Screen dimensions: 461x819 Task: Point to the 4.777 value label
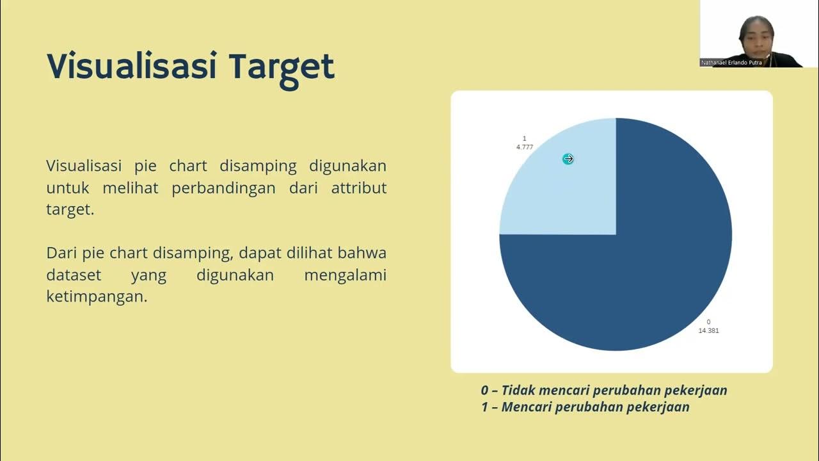pyautogui.click(x=525, y=147)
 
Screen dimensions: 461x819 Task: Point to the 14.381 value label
pyautogui.click(x=708, y=330)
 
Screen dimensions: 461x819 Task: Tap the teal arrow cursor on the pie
pyautogui.click(x=568, y=159)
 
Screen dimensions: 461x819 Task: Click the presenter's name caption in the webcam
pyautogui.click(x=732, y=63)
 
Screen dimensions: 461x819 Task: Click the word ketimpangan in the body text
pyautogui.click(x=97, y=297)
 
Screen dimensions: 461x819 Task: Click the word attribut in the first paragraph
pyautogui.click(x=359, y=188)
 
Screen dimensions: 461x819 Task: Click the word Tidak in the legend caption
pyautogui.click(x=519, y=390)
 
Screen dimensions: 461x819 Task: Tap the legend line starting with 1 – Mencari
pyautogui.click(x=585, y=407)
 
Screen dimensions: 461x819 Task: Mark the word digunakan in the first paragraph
pyautogui.click(x=347, y=166)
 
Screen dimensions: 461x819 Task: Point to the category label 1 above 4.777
pyautogui.click(x=524, y=138)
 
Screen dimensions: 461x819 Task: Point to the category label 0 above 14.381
pyautogui.click(x=708, y=321)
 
